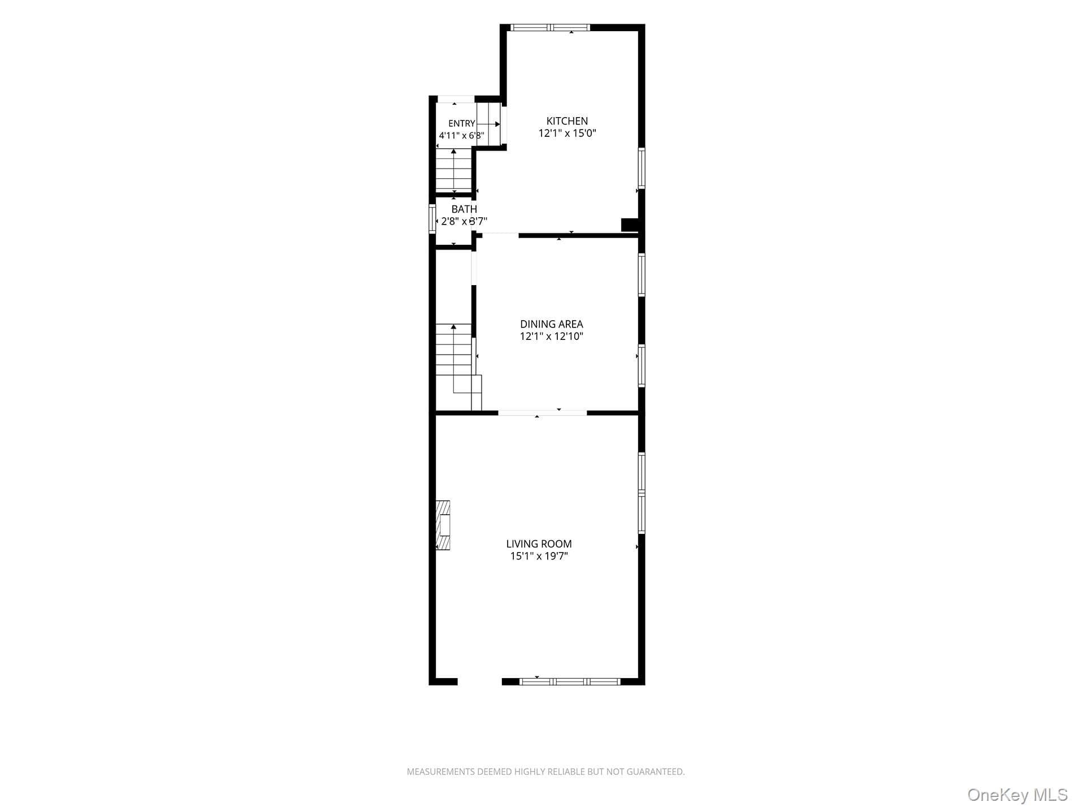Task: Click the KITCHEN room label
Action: pos(567,121)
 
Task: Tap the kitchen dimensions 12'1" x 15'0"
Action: pos(567,133)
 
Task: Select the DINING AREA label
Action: pos(551,324)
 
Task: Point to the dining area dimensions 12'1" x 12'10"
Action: pos(551,337)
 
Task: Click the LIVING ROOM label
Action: pos(539,544)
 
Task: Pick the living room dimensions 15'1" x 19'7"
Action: pos(539,557)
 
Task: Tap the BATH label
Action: pos(464,209)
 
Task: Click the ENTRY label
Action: pos(462,124)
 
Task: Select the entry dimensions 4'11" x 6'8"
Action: pos(461,136)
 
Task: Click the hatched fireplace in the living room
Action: pos(443,525)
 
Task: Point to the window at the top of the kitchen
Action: pos(550,27)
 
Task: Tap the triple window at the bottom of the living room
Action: pos(570,682)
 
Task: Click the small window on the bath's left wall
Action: pos(432,218)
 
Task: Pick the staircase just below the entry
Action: pos(454,170)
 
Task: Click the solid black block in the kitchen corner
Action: pos(630,225)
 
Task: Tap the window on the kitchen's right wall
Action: pos(642,168)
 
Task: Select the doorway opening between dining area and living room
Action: pos(543,413)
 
